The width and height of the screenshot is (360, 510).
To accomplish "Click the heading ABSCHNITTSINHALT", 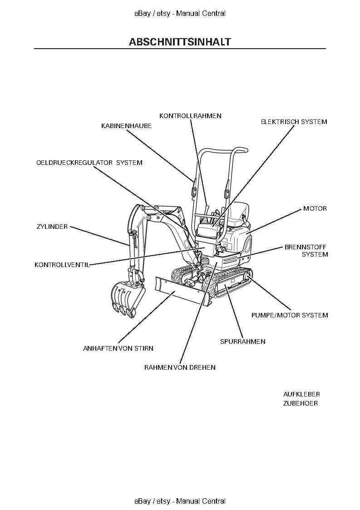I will click(x=180, y=42).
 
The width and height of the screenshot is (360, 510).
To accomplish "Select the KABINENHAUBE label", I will click(x=126, y=126).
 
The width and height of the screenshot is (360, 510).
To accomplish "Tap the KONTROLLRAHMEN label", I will click(x=190, y=116).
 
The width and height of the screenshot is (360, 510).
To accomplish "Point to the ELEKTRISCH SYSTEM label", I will click(x=293, y=122).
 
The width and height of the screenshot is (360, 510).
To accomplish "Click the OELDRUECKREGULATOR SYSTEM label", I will click(x=89, y=163).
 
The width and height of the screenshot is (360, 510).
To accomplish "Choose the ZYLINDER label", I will click(x=52, y=227).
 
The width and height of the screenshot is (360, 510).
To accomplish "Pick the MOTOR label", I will click(x=315, y=209).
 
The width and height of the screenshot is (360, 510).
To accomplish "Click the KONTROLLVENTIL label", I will click(x=62, y=265).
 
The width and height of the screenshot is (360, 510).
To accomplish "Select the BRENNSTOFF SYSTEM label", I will click(x=306, y=251).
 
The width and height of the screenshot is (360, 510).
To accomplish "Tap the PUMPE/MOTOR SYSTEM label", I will click(x=289, y=315).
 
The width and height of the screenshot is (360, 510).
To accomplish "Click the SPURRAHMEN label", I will click(x=242, y=342).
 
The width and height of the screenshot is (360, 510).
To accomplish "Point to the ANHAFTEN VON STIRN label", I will click(x=118, y=349).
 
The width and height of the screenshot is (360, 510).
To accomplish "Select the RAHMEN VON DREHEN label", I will click(x=180, y=367).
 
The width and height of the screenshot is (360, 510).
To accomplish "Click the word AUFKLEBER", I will click(x=301, y=394).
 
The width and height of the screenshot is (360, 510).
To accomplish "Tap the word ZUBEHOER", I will click(x=300, y=403).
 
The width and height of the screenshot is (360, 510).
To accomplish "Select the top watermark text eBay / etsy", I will click(x=152, y=14).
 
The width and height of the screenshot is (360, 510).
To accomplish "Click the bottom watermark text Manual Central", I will click(x=201, y=501).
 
